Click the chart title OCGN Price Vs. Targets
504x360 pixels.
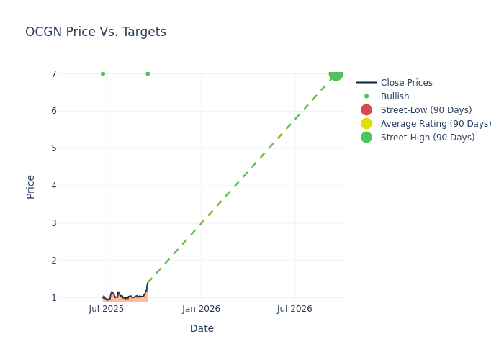[96, 32]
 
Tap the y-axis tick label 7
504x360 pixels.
[54, 74]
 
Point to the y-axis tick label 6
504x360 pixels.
[54, 111]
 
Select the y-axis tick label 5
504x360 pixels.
[54, 148]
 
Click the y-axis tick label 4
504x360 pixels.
[54, 186]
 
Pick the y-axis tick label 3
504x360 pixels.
[54, 223]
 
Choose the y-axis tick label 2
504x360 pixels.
[54, 261]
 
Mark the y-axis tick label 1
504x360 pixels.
[54, 298]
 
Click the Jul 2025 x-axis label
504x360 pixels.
[107, 309]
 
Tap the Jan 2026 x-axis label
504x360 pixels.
[201, 309]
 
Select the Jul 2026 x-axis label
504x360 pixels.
[294, 309]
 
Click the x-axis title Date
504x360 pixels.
[202, 328]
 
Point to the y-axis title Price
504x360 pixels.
[31, 186]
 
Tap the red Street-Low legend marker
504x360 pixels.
[366, 110]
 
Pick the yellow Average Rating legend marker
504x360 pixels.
[366, 124]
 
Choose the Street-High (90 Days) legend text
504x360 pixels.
[428, 138]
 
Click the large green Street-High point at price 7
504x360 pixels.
[336, 74]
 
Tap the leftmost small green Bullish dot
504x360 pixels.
[103, 73]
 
